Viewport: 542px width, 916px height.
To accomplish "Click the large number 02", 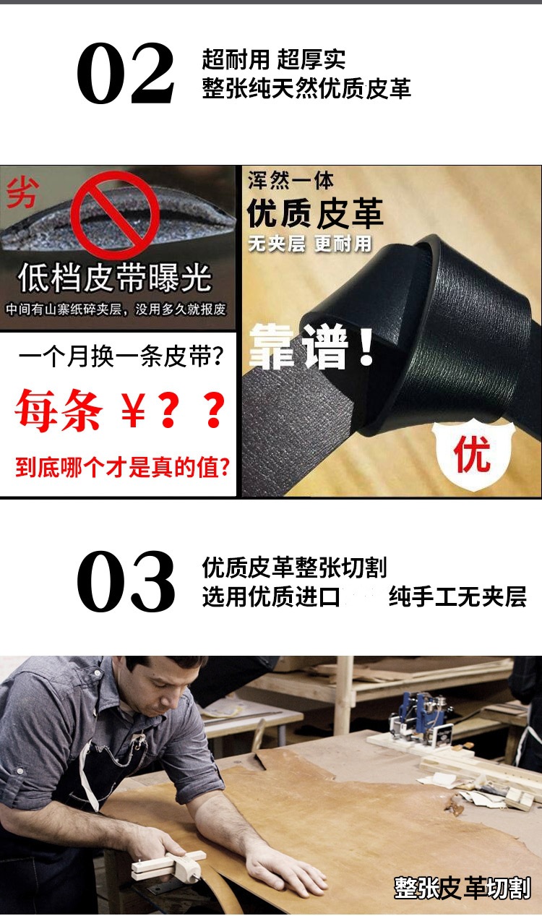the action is (x=126, y=73).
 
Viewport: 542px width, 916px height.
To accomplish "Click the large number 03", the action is (x=126, y=581).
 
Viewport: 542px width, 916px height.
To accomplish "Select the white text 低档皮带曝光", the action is (x=115, y=278).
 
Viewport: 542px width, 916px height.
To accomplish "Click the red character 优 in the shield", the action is (x=472, y=453).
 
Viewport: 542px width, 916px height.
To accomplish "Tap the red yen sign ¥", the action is (x=133, y=409).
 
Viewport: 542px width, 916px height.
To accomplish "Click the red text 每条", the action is (x=59, y=410).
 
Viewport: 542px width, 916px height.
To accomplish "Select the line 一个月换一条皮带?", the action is (x=121, y=356).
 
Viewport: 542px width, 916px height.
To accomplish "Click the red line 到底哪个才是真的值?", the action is (x=122, y=468).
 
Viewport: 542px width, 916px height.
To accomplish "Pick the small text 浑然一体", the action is (x=291, y=181).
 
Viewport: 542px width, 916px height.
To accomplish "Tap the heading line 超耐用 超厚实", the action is (x=274, y=60).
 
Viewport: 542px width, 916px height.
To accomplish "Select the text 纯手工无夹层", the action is (x=457, y=596).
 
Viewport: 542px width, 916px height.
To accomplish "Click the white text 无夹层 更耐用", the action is (x=310, y=244).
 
